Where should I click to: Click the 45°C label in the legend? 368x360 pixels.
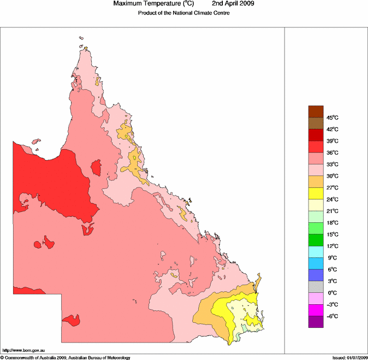pos(333,118)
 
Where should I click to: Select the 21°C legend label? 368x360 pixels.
pos(333,211)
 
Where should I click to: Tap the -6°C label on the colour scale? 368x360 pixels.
pos(333,316)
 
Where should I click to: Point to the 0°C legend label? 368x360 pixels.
pos(333,293)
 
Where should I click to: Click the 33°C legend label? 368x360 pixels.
pos(333,164)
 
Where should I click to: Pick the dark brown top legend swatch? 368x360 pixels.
pos(316,112)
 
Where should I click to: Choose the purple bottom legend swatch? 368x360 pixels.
pos(316,322)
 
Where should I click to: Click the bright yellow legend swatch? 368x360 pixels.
pos(316,193)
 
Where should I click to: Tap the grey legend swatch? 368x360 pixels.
pos(316,287)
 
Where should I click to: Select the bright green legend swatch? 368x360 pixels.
pos(316,229)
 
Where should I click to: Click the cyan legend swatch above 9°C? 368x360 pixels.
pos(316,252)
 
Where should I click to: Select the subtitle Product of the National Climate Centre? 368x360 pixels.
pos(184,13)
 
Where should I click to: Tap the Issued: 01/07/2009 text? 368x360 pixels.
pos(349,357)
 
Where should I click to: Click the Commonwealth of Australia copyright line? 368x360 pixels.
pos(66,357)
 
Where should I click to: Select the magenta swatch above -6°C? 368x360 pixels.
pos(316,310)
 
